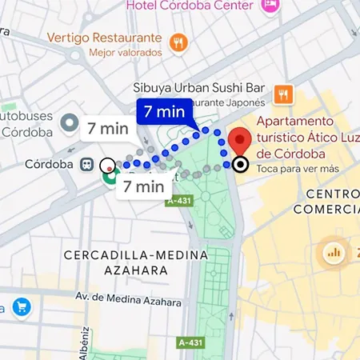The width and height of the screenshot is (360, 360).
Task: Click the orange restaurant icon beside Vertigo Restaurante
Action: (179, 42)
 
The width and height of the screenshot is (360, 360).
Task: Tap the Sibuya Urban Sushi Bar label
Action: (198, 89)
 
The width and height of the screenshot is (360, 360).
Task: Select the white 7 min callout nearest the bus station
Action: (108, 128)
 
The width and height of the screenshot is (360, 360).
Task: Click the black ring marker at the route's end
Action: (240, 166)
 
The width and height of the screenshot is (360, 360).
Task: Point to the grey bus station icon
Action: (69, 124)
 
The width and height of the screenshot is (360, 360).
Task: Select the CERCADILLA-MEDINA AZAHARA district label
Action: (135, 262)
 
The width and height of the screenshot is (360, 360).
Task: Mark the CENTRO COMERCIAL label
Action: (326, 202)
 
